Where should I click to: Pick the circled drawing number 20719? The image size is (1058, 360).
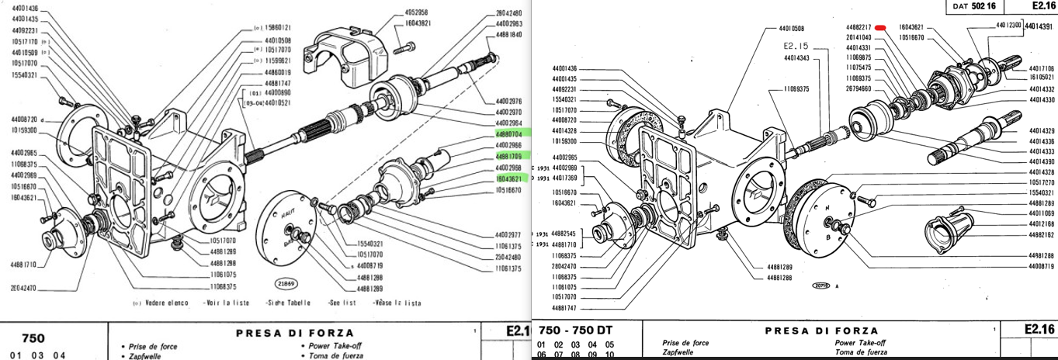pyautogui.click(x=821, y=286)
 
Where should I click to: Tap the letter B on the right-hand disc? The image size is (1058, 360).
pyautogui.click(x=828, y=236)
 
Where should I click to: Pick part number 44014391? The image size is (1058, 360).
pyautogui.click(x=1039, y=26)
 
